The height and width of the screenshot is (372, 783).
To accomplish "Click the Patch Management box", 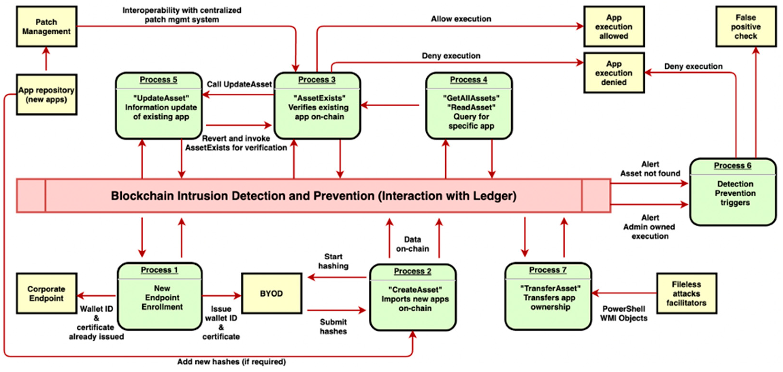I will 47,27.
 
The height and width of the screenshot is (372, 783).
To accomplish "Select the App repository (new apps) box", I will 47,94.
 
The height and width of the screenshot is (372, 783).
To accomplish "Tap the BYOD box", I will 272,293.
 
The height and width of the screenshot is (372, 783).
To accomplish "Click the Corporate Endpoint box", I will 47,293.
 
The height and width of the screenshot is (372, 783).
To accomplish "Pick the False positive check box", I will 746,27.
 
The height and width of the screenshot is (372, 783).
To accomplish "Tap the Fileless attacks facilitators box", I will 686,293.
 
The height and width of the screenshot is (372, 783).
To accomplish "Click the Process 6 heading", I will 732,166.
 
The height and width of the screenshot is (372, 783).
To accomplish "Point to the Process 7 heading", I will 548,270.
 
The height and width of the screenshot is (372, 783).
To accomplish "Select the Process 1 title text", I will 159,270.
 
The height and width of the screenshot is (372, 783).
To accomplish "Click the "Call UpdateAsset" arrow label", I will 239,84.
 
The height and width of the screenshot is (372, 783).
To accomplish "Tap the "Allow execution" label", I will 461,19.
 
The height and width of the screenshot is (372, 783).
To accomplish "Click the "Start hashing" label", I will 333,261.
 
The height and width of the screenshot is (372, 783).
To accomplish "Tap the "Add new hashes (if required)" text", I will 231,362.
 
